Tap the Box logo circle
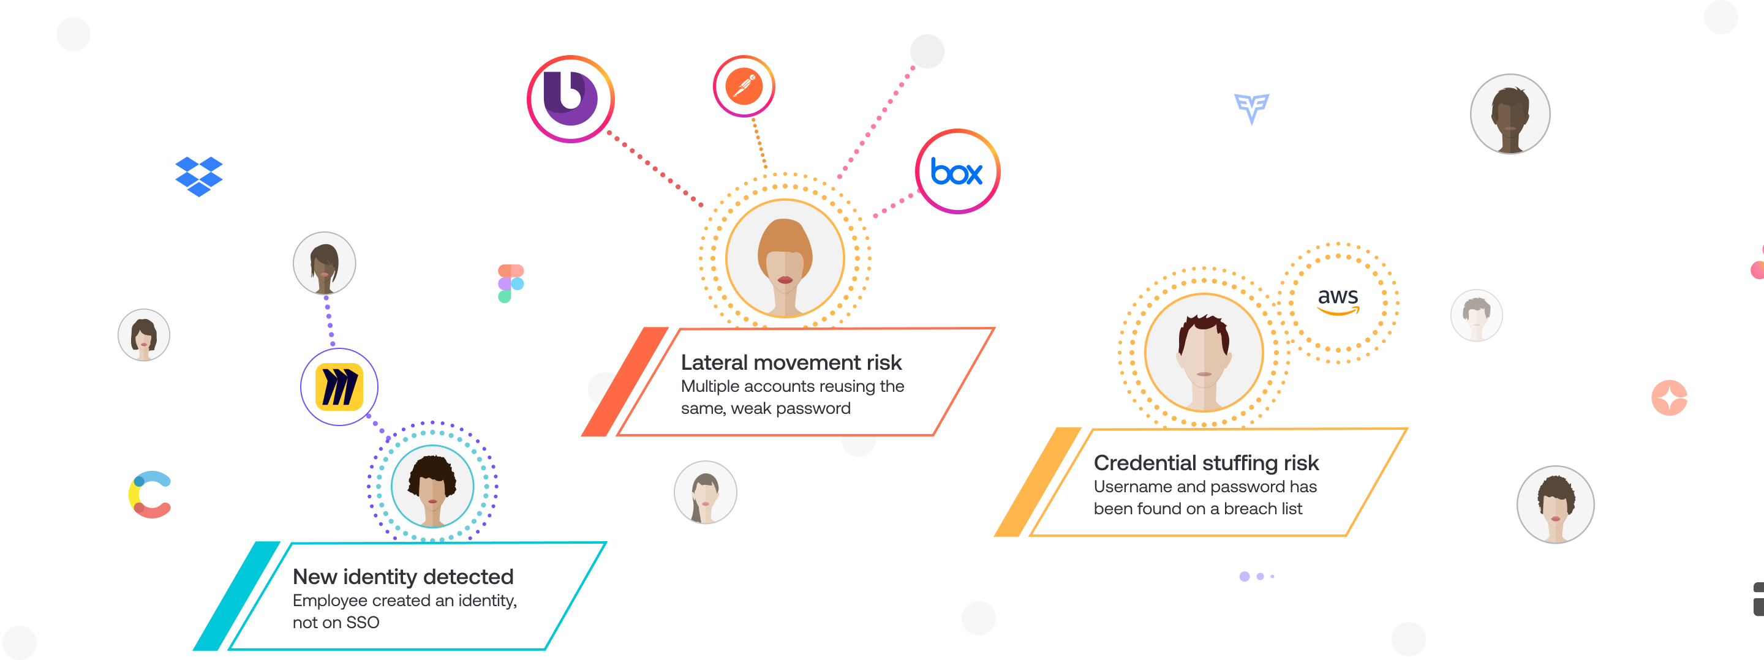[957, 172]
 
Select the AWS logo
[1338, 301]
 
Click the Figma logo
[511, 283]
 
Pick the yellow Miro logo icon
[339, 388]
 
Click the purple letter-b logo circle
[569, 98]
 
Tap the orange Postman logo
[744, 86]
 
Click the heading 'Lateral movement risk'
[791, 362]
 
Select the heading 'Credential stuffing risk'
[1206, 463]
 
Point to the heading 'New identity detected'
[402, 577]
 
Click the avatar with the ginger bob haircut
[785, 259]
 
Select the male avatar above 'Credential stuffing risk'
[1204, 353]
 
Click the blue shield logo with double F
[1252, 108]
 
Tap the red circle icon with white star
[1669, 398]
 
